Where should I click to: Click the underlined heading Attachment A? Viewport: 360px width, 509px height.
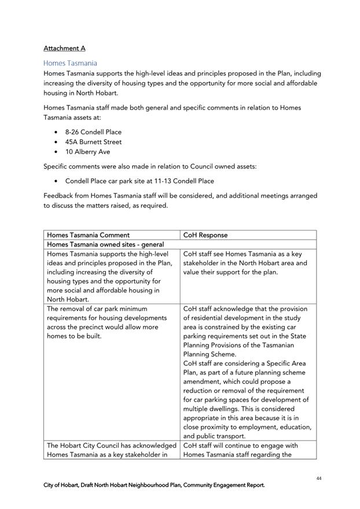click(x=64, y=48)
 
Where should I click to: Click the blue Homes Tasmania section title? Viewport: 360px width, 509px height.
click(x=70, y=63)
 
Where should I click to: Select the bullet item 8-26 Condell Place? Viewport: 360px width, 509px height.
click(x=93, y=132)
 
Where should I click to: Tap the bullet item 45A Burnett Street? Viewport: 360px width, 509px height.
click(x=93, y=142)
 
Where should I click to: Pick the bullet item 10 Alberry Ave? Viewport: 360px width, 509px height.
click(x=87, y=152)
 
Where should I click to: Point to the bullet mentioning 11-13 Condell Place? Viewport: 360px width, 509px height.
click(x=139, y=181)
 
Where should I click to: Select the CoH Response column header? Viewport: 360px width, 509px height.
click(x=205, y=235)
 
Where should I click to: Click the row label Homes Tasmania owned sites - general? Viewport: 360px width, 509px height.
click(x=105, y=245)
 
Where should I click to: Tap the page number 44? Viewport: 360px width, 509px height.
click(x=319, y=478)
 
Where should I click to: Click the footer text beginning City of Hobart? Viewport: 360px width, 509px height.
click(x=154, y=485)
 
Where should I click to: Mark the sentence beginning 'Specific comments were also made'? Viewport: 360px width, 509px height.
click(x=150, y=166)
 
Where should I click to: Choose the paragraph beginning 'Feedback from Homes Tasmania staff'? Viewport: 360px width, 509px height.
click(x=180, y=200)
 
